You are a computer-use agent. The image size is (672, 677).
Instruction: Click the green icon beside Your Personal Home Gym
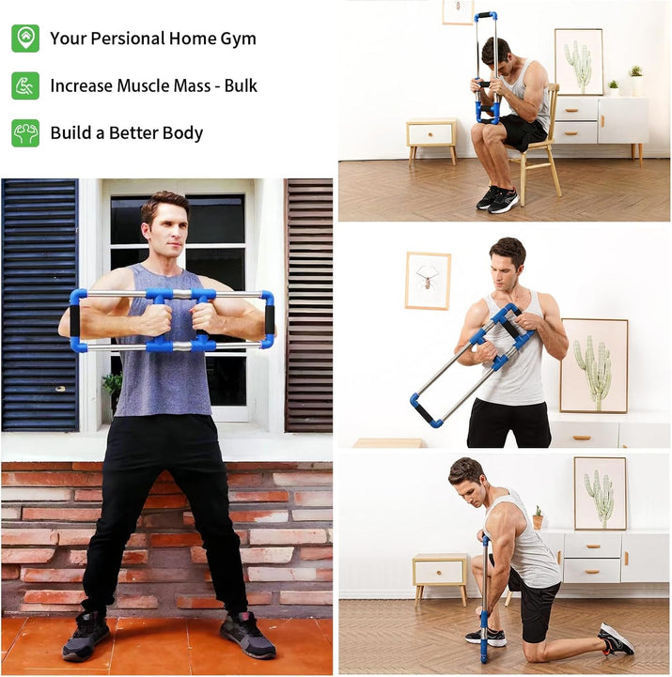(25, 38)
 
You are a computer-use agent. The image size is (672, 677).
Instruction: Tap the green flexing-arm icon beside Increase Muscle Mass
(25, 85)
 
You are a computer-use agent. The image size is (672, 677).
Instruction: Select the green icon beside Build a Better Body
(25, 132)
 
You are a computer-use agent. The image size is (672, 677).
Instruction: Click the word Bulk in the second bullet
(241, 85)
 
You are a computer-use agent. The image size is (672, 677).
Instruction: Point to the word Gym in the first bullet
(238, 38)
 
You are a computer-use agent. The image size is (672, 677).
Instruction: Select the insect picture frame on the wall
(428, 280)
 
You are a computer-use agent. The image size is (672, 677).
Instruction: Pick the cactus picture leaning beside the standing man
(594, 366)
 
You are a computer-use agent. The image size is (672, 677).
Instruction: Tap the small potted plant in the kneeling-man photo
(538, 517)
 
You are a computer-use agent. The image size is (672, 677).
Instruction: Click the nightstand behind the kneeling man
(440, 576)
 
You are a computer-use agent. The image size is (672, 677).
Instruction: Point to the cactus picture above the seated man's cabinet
(578, 61)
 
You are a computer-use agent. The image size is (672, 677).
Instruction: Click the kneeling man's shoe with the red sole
(616, 640)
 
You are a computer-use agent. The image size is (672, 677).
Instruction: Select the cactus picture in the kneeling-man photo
(600, 493)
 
